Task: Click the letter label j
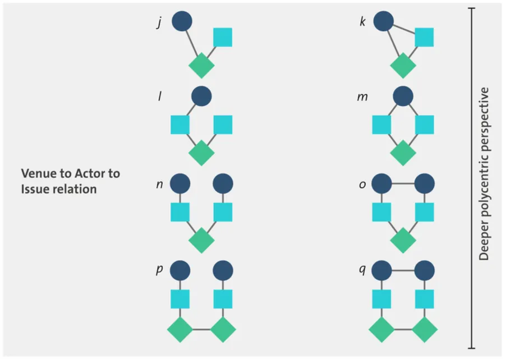tap(159, 25)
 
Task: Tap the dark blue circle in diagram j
tap(181, 21)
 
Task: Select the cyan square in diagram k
tap(424, 37)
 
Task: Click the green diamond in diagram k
tap(403, 66)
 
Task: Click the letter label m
tap(362, 96)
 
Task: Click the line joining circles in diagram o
tap(403, 183)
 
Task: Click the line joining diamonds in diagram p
tap(201, 329)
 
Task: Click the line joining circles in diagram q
tap(403, 270)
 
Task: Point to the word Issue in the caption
tap(34, 189)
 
